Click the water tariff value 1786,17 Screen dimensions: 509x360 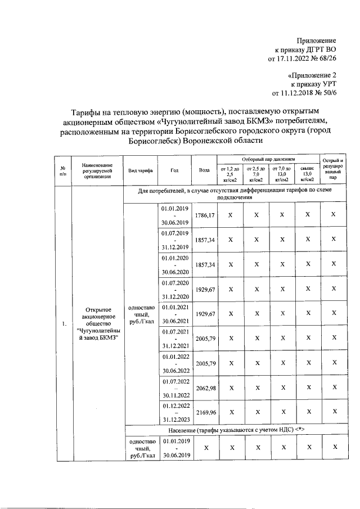205,215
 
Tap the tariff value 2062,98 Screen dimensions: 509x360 205,388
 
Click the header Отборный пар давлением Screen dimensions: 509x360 268,160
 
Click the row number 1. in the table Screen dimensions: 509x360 64,323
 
